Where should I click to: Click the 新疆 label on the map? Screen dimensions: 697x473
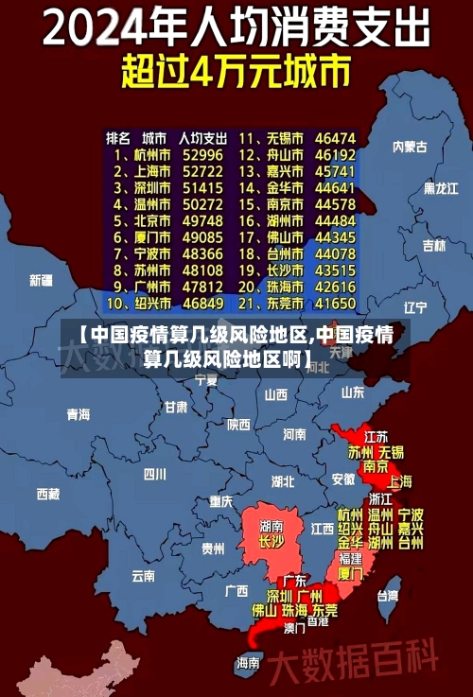(x=41, y=280)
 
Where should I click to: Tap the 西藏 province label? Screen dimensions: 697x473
(x=47, y=494)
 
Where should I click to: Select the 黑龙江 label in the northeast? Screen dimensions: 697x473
(x=442, y=188)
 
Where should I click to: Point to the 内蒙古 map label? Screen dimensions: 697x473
(x=410, y=147)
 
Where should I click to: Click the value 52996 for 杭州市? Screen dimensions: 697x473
(x=202, y=155)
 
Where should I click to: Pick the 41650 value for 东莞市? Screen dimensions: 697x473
(x=335, y=305)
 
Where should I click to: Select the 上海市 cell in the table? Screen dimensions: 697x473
(x=151, y=171)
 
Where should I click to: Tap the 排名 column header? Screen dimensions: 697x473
(x=117, y=138)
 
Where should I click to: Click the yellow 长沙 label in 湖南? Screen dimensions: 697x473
(x=272, y=542)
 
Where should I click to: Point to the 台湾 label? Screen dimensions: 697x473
(x=388, y=596)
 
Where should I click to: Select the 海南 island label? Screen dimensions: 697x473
(x=248, y=662)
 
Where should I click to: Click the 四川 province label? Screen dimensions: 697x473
(x=154, y=474)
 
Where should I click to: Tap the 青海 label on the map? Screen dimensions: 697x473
(x=79, y=414)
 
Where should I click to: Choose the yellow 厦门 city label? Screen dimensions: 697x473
(x=349, y=573)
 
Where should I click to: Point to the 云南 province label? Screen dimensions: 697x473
(x=143, y=575)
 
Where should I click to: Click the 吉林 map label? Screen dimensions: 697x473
(x=433, y=245)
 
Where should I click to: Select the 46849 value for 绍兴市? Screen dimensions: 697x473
(x=202, y=305)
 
